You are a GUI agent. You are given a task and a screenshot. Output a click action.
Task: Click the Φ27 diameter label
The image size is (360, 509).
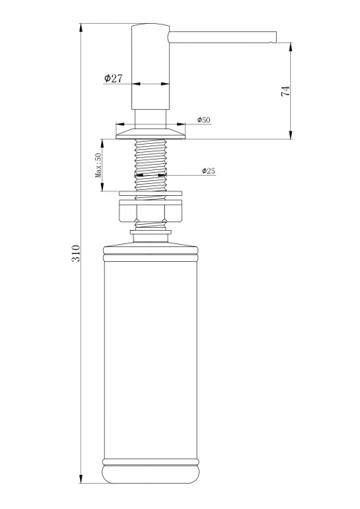(114, 78)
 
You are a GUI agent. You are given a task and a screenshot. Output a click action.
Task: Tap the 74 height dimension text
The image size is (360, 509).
(285, 91)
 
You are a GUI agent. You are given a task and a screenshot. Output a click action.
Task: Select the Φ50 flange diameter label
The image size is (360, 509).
(204, 119)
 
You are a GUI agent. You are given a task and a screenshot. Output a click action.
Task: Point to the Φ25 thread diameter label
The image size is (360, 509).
(209, 171)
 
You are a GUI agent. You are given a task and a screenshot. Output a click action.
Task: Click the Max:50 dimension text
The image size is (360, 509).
(98, 165)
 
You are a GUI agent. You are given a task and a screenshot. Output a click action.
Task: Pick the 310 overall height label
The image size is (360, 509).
(76, 254)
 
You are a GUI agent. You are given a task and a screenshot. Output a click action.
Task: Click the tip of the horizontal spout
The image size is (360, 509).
(276, 37)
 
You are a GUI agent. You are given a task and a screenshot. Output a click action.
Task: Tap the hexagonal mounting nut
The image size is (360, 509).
(151, 211)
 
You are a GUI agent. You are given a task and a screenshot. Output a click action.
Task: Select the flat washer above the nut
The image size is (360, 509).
(151, 194)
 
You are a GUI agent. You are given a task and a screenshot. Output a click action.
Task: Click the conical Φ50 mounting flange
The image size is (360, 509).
(151, 133)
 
